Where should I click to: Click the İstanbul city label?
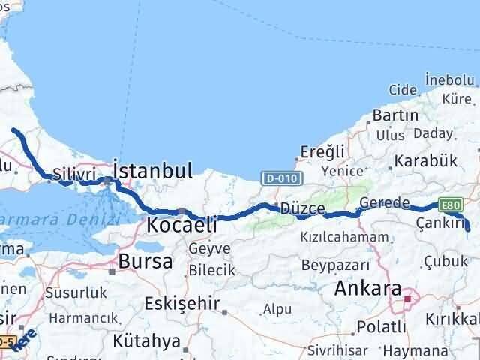(153, 168)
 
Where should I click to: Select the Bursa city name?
(145, 262)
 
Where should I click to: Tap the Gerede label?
(384, 203)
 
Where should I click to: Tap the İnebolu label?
(448, 79)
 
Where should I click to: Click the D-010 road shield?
(282, 178)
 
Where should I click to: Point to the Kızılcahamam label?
(345, 237)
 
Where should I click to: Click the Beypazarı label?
(335, 265)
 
